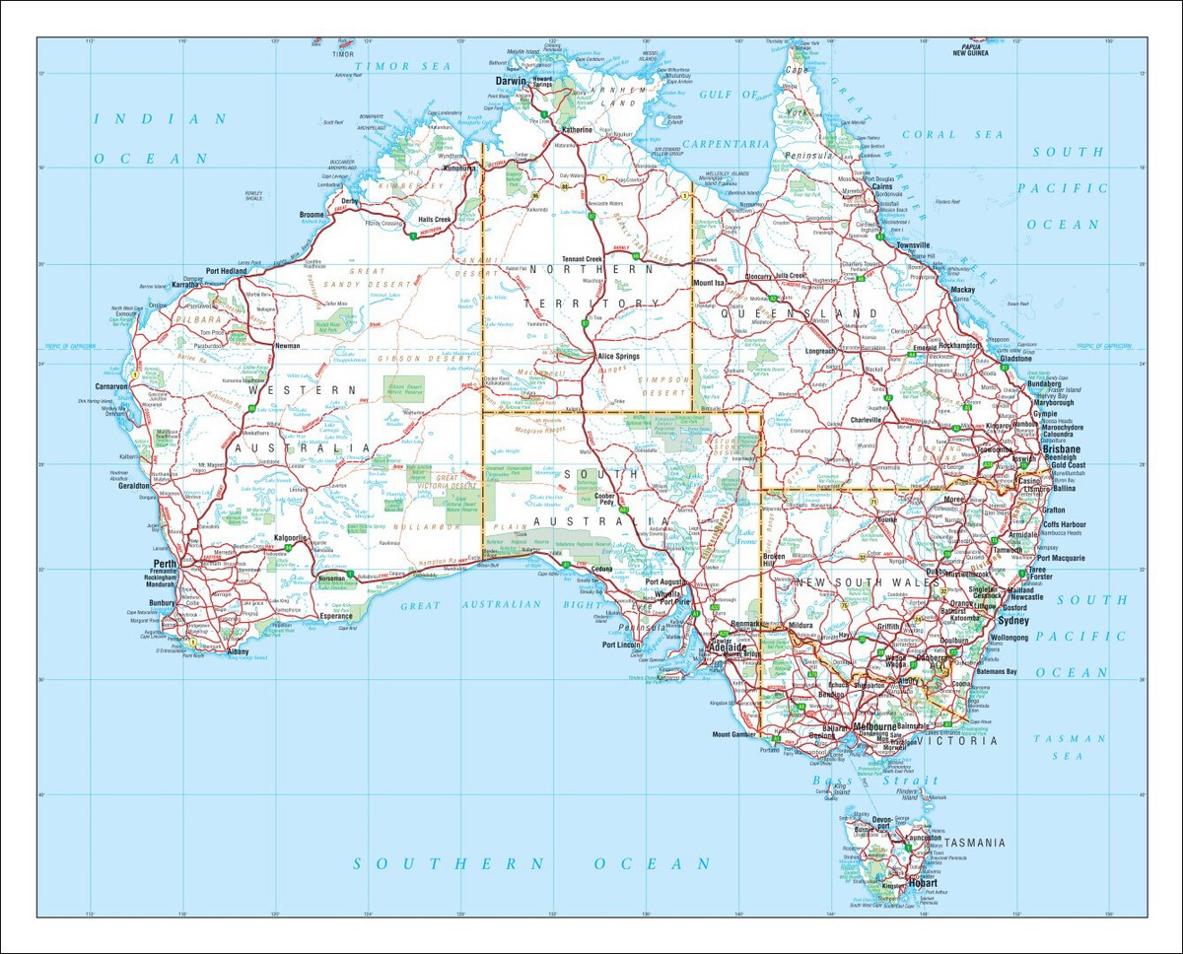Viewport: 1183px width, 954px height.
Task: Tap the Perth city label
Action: (x=164, y=565)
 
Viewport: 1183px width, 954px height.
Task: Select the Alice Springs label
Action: (x=619, y=356)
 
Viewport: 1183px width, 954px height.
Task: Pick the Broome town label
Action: (x=313, y=214)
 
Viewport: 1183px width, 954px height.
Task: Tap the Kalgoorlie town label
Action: (x=293, y=537)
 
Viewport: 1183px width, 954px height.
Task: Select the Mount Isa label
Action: (x=709, y=283)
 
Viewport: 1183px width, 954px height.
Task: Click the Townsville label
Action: (x=913, y=244)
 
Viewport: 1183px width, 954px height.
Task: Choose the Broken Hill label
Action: (x=774, y=560)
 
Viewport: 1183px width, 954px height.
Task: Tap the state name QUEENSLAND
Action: (x=799, y=313)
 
